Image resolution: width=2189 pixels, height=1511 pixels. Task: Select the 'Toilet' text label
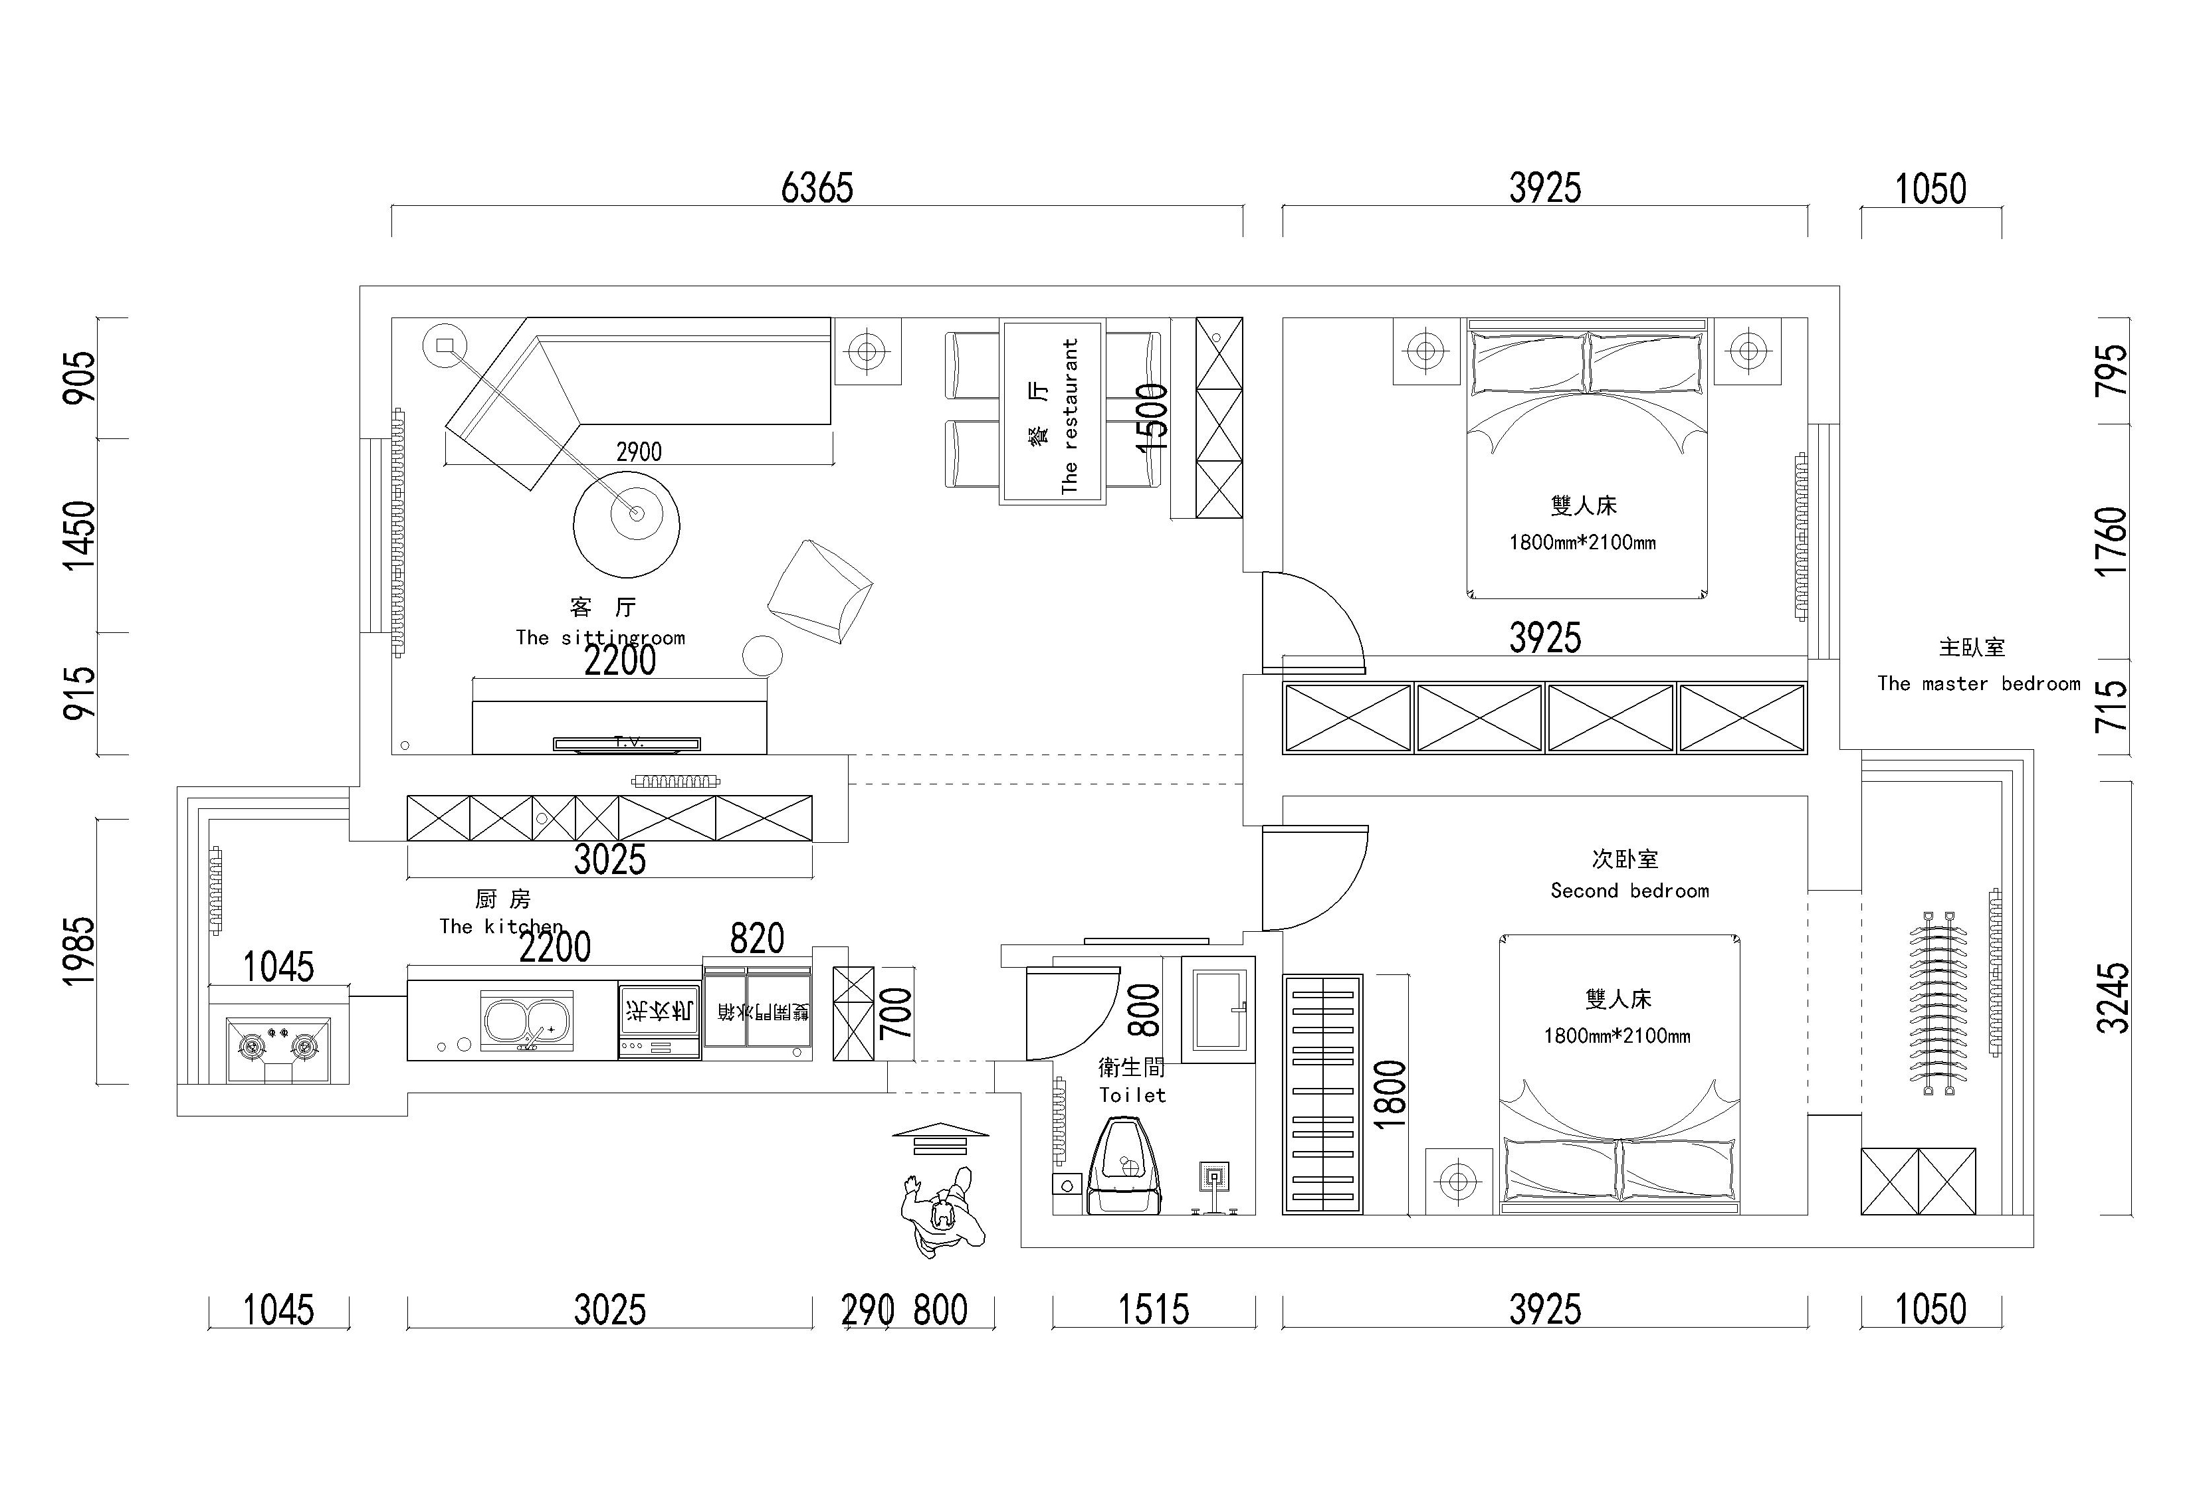pos(1132,1095)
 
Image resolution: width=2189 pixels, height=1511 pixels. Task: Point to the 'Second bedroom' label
pos(1629,891)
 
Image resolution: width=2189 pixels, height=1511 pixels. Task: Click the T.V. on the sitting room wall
pos(626,743)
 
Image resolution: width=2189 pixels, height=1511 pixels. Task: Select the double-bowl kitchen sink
pos(526,1022)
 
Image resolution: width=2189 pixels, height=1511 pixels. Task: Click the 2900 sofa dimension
pos(639,452)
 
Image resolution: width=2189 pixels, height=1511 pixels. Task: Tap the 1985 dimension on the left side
pos(80,952)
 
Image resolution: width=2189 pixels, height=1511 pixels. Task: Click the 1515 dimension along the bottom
pos(1153,1310)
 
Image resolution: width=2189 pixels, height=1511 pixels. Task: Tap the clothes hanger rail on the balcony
pos(1937,1004)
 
